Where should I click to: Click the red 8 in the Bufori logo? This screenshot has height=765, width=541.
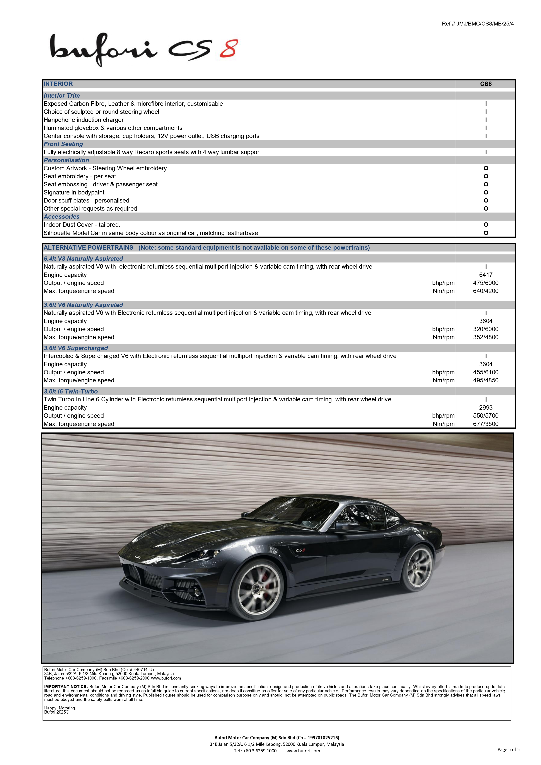click(x=229, y=49)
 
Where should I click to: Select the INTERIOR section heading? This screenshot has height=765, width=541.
click(x=58, y=84)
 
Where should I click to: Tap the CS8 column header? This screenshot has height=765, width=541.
click(x=486, y=84)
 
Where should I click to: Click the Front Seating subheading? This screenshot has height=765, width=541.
click(x=63, y=144)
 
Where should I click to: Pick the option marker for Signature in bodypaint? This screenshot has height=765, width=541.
click(x=486, y=193)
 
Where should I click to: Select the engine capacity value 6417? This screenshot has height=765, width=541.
click(x=486, y=275)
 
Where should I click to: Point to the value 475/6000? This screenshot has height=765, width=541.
click(x=486, y=283)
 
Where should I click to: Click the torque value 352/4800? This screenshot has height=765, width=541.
click(x=486, y=337)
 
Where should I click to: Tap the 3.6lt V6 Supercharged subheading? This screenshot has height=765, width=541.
click(x=76, y=348)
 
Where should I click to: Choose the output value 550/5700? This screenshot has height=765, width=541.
click(x=486, y=416)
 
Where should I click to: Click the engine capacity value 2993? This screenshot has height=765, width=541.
click(x=486, y=407)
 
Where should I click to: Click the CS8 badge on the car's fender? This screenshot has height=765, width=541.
click(x=300, y=550)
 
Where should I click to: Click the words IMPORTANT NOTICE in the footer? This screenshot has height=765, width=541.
click(x=66, y=687)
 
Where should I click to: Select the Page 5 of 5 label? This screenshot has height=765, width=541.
click(x=508, y=749)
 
